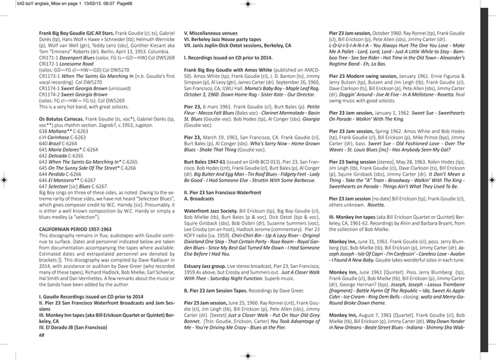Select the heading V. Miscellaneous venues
click(214, 33)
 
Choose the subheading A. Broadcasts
click(200, 198)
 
